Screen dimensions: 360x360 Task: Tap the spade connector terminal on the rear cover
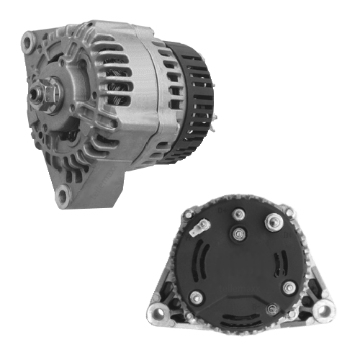pyautogui.click(x=197, y=230)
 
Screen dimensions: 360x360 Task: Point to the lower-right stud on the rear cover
pyautogui.click(x=289, y=289)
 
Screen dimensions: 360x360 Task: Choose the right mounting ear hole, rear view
pyautogui.click(x=323, y=311)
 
